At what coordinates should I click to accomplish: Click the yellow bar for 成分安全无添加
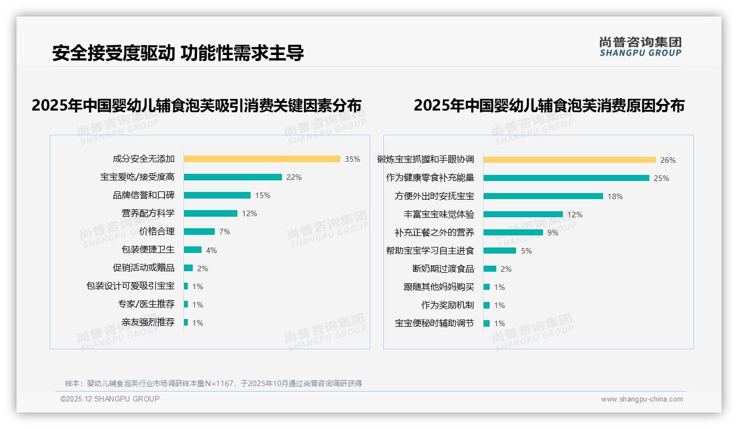(x=262, y=159)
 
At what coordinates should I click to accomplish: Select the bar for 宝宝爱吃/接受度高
(x=232, y=177)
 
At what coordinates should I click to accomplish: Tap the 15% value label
(x=263, y=195)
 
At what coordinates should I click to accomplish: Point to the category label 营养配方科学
(x=148, y=213)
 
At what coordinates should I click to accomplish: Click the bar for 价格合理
(x=199, y=232)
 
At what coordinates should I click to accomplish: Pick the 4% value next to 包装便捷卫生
(x=211, y=250)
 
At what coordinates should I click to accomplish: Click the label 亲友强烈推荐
(x=148, y=322)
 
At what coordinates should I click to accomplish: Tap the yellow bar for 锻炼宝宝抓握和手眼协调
(x=569, y=160)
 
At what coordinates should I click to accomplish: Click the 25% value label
(x=661, y=178)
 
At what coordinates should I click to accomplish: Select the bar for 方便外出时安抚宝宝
(x=543, y=196)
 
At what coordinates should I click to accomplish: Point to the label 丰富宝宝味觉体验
(x=438, y=215)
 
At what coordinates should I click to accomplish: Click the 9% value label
(x=552, y=233)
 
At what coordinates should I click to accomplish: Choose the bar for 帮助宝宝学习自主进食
(x=500, y=251)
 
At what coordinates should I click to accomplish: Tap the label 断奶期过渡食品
(x=443, y=269)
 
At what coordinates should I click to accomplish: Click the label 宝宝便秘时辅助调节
(x=434, y=323)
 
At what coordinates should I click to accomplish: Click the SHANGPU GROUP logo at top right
(x=640, y=47)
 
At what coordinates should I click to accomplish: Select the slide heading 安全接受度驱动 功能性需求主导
(x=178, y=53)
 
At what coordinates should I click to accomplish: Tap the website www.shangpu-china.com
(x=642, y=399)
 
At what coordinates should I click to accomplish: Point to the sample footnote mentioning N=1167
(x=213, y=383)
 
